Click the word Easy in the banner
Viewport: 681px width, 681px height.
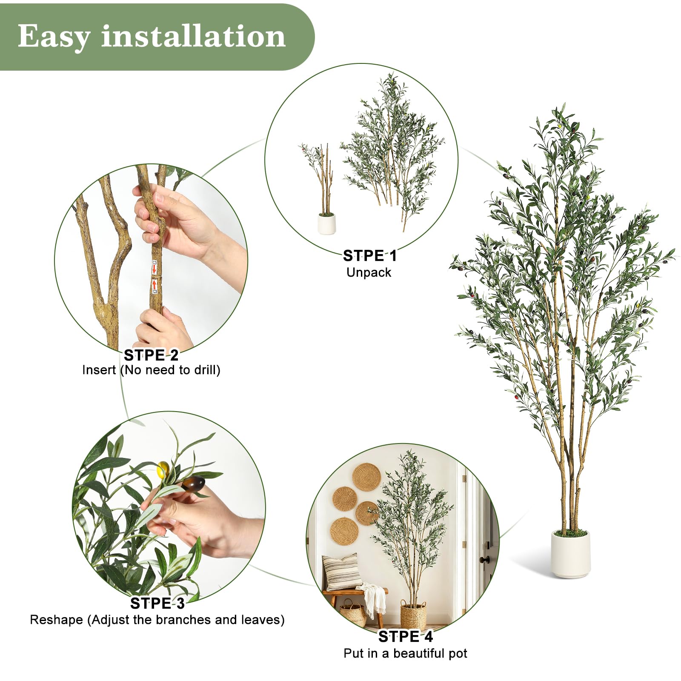54,37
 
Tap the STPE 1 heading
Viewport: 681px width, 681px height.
369,256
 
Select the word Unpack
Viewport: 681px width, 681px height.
369,272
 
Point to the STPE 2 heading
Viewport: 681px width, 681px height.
151,355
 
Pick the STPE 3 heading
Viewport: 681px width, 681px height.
157,604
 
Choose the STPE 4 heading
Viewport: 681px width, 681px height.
405,637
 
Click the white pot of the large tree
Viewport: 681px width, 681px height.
571,553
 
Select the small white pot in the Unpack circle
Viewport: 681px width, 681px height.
327,223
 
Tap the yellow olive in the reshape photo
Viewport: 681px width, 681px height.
163,469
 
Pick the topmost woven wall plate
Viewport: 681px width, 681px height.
367,477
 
